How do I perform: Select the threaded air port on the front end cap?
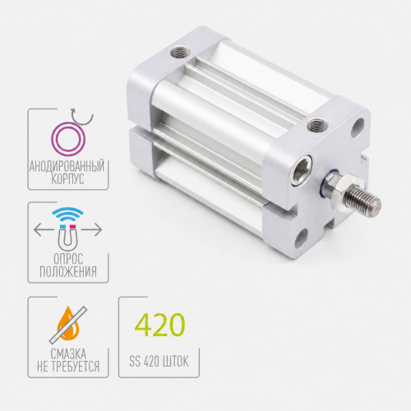(317, 126)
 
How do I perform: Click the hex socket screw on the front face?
(302, 170)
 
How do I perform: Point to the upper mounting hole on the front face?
(357, 128)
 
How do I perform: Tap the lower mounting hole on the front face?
(301, 238)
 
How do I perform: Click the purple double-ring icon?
(68, 139)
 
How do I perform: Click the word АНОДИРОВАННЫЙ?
(67, 166)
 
